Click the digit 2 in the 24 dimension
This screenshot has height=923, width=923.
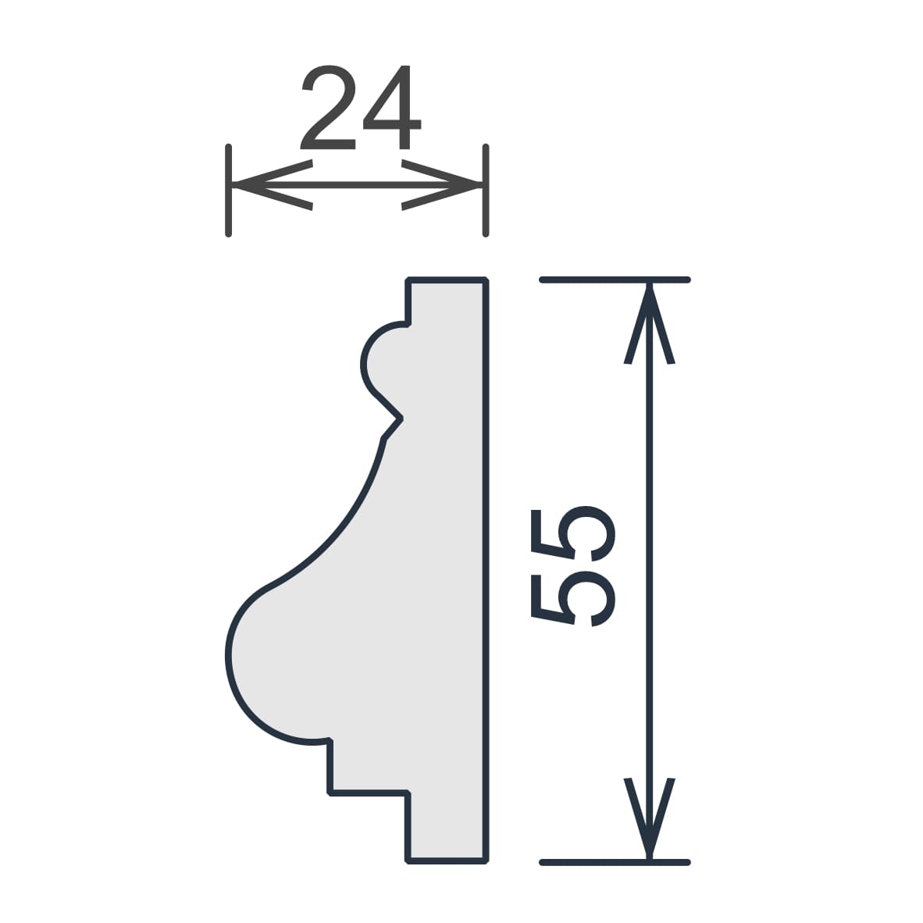[x=328, y=106]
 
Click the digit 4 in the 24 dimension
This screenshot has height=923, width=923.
[x=392, y=106]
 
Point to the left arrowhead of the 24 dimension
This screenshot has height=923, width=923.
[x=272, y=185]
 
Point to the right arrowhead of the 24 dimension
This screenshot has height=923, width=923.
[x=441, y=185]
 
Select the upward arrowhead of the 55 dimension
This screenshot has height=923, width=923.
[x=649, y=324]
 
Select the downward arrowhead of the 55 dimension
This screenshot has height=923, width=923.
[x=649, y=818]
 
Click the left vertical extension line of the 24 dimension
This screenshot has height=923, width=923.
[x=228, y=190]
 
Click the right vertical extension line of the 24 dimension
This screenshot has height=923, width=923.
[x=486, y=190]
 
